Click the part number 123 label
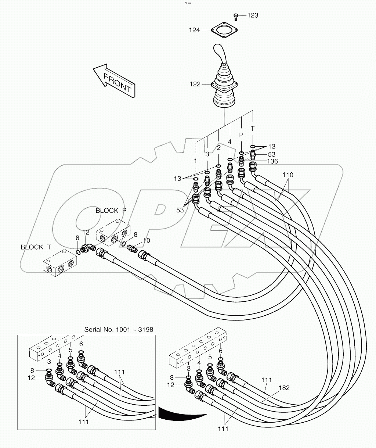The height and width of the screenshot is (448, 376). (253, 15)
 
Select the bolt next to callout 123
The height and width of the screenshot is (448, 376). (236, 17)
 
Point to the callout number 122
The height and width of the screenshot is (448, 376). (195, 84)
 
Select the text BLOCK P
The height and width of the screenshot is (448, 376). (111, 211)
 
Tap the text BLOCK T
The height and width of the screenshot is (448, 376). (36, 247)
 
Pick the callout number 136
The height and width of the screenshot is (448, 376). (272, 161)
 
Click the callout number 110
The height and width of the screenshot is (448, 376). (288, 175)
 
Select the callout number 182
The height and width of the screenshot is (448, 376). (284, 388)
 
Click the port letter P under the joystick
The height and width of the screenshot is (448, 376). (241, 135)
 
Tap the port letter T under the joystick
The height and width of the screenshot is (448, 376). (253, 128)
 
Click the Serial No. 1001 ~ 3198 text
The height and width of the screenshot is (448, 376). (119, 329)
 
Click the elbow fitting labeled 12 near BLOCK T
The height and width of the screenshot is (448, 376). (87, 248)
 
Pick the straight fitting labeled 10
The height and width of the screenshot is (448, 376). (132, 249)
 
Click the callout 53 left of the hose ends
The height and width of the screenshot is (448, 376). (180, 210)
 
